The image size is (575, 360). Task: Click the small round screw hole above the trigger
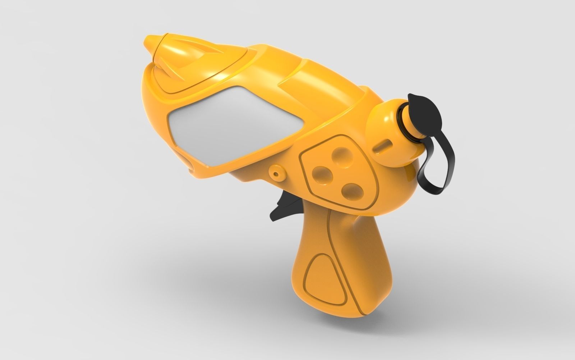click(276, 173)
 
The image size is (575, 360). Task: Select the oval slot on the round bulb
click(382, 146)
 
